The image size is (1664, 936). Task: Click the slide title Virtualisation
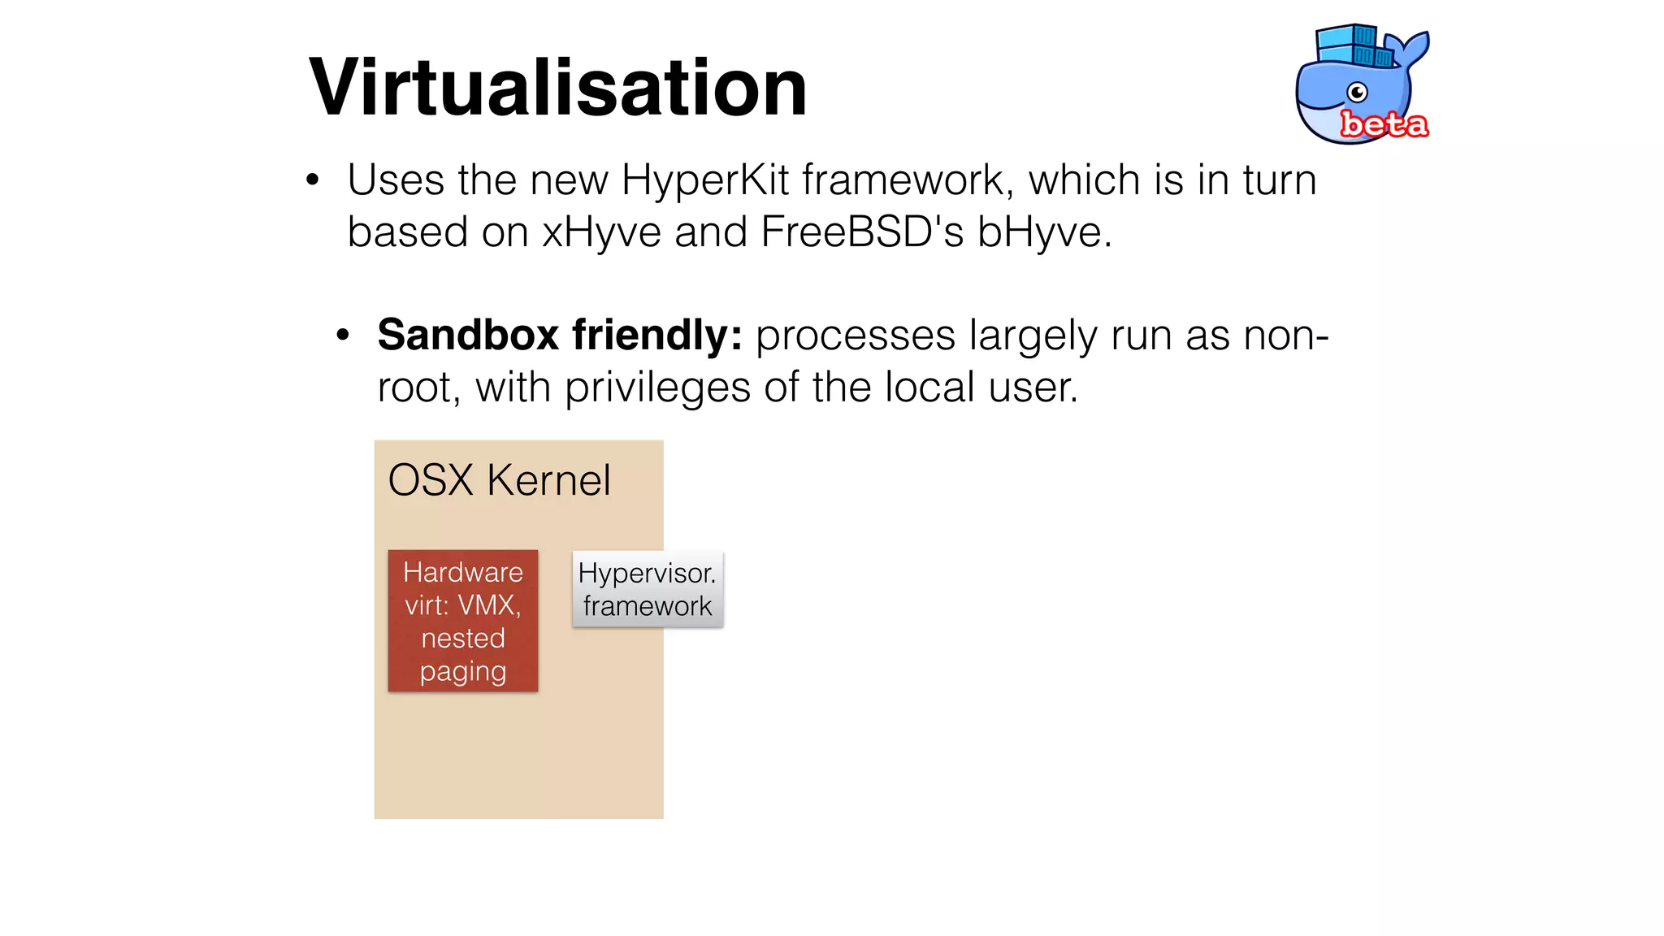[x=558, y=88]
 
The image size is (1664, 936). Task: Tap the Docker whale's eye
[x=1357, y=93]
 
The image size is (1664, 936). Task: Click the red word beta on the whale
[x=1384, y=124]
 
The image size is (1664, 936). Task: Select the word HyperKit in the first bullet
[x=704, y=180]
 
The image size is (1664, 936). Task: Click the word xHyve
[x=601, y=232]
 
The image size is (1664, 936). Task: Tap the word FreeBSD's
[x=862, y=232]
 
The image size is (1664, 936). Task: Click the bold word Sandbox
[x=468, y=335]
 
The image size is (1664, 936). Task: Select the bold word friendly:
[x=657, y=335]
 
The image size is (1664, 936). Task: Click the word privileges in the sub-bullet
[x=657, y=388]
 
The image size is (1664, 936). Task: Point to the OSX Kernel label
[x=499, y=480]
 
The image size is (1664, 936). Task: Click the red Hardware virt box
[x=463, y=621]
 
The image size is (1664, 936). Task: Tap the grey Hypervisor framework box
[x=648, y=589]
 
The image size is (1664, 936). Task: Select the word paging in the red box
[x=463, y=672]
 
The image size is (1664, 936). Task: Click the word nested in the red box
[x=463, y=639]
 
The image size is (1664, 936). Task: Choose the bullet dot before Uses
[x=313, y=181]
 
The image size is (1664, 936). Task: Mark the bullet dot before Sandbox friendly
[x=343, y=336]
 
